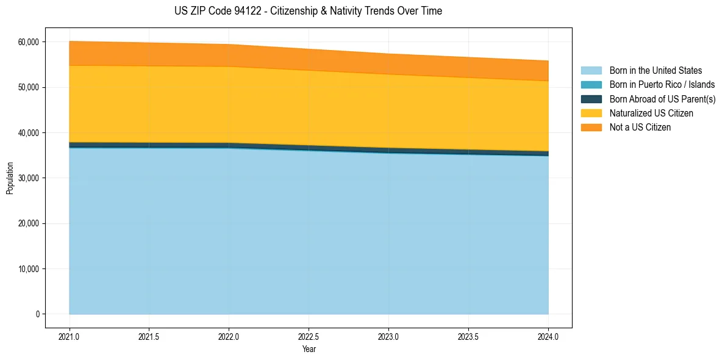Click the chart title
coord(309,11)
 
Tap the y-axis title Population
coord(9,178)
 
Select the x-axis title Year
coord(309,349)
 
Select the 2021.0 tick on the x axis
coord(70,337)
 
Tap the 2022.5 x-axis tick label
coord(309,337)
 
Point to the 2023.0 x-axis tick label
coord(388,337)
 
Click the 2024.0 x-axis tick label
coord(548,337)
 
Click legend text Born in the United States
coord(655,71)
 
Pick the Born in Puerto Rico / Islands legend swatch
coord(591,85)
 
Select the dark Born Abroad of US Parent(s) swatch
coord(591,99)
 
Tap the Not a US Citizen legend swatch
coord(591,128)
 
